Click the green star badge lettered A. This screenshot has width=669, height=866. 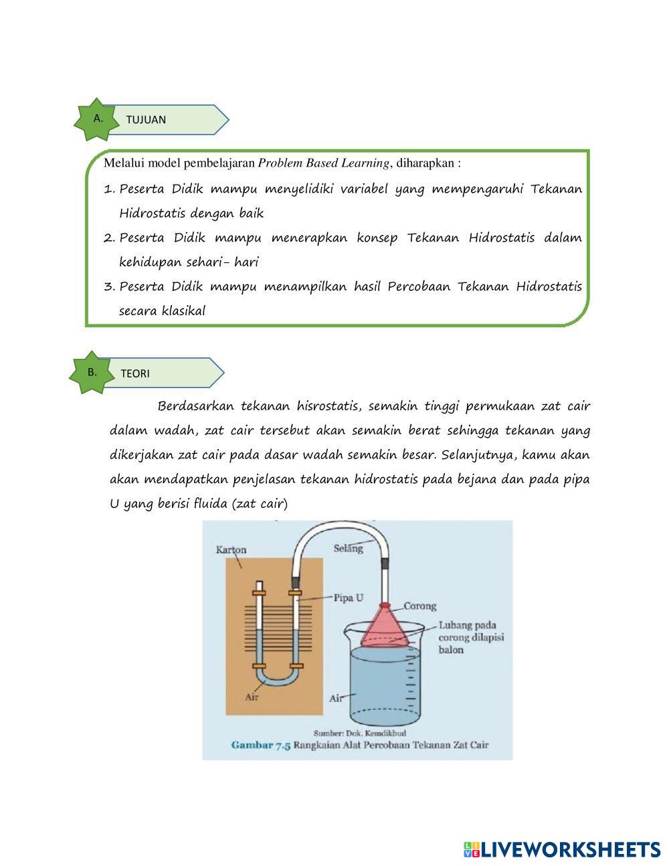98,119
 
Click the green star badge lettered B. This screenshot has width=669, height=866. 92,372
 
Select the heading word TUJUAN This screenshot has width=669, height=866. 146,120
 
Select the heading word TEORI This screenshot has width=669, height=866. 135,373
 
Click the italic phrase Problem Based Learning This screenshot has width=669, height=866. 324,163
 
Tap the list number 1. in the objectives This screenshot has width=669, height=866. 110,189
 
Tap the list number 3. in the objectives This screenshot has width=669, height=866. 110,287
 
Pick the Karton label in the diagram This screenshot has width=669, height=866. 231,550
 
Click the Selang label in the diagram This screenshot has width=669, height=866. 348,548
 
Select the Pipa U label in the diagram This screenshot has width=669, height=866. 349,598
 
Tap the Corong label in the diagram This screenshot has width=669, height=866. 419,606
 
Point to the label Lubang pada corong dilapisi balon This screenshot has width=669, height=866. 471,637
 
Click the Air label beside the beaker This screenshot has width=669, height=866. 336,698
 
